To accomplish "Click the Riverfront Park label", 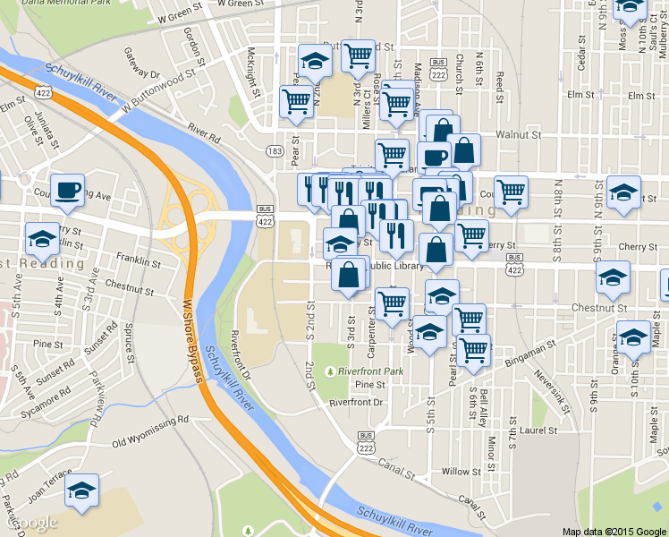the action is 372,370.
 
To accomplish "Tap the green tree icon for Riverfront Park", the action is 331,370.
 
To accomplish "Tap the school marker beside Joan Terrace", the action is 82,490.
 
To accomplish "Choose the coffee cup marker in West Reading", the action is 67,191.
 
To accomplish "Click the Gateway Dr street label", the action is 141,64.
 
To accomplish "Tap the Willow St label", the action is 461,472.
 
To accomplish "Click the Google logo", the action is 34,522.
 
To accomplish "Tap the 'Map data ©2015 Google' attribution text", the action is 614,531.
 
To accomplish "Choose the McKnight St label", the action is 253,72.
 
